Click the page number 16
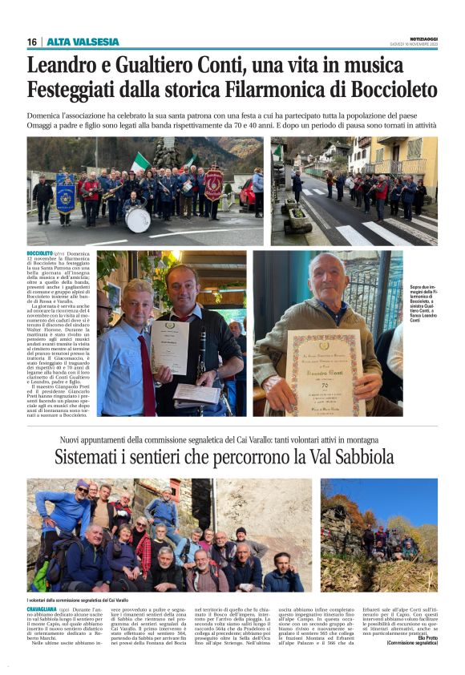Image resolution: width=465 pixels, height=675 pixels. pos(32,42)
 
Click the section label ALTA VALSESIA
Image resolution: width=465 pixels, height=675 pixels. pos(83,42)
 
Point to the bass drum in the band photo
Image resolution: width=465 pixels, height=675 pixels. pos(137,219)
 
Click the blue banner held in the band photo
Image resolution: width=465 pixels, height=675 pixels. pos(65,193)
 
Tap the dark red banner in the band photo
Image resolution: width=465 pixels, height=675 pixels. pos(212,184)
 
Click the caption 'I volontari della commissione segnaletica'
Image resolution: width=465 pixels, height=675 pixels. pos(78,599)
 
